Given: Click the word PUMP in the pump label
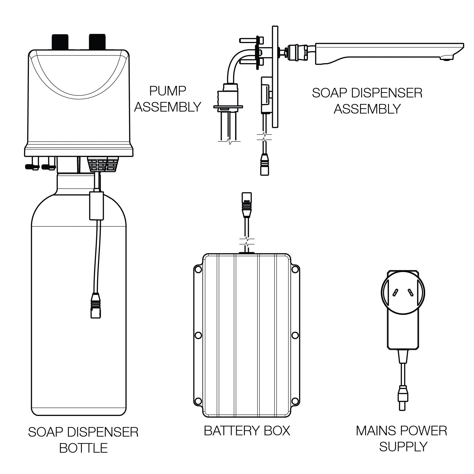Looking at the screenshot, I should [x=167, y=91].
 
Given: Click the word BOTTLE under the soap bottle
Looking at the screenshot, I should [x=83, y=448].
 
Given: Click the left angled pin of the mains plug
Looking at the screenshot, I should [x=394, y=293].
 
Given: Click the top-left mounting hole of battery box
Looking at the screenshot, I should [x=198, y=269].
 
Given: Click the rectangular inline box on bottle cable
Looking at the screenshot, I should [x=95, y=205].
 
